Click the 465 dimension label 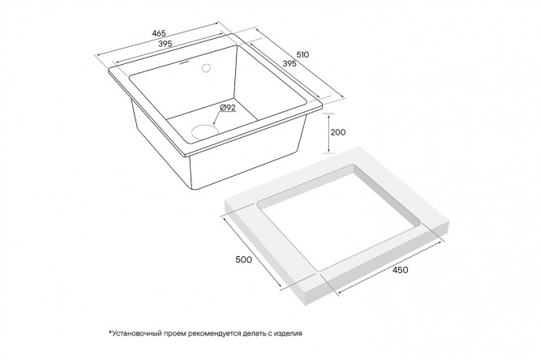(x=159, y=33)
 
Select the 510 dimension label (x=302, y=54)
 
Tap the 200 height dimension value (x=338, y=132)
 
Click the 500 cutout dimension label (x=244, y=259)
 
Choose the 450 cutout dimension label (x=401, y=270)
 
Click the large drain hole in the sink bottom (x=205, y=131)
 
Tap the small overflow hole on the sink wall (x=207, y=67)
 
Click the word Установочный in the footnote (x=136, y=333)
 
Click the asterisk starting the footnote (x=110, y=332)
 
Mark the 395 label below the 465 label (x=165, y=44)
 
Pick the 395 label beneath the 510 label (x=289, y=63)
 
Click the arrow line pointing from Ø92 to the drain (x=219, y=118)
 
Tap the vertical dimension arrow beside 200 (x=329, y=132)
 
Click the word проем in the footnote (x=174, y=333)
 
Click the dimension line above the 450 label (x=390, y=268)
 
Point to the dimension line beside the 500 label (x=253, y=252)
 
